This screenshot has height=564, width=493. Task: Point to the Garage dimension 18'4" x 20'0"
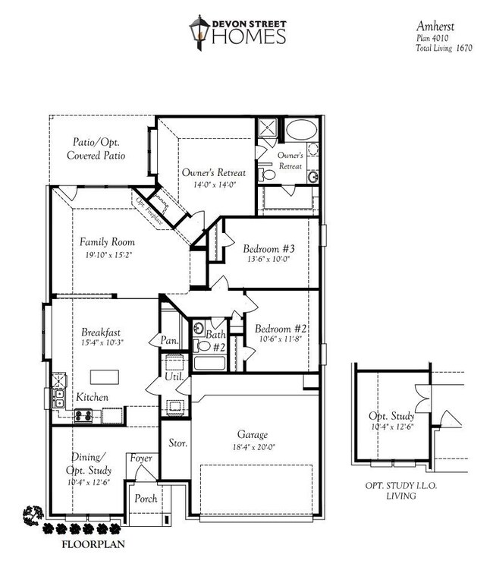coord(252,447)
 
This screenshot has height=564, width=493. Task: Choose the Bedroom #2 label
coord(280,328)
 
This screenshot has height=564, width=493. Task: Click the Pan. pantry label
coord(169,341)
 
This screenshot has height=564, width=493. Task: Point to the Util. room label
coord(171,377)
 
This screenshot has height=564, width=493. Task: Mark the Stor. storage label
coord(177,442)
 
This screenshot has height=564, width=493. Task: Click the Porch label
coord(146,499)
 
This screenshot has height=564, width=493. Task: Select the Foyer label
coord(140,458)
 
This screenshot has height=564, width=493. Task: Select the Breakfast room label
coord(101,332)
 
